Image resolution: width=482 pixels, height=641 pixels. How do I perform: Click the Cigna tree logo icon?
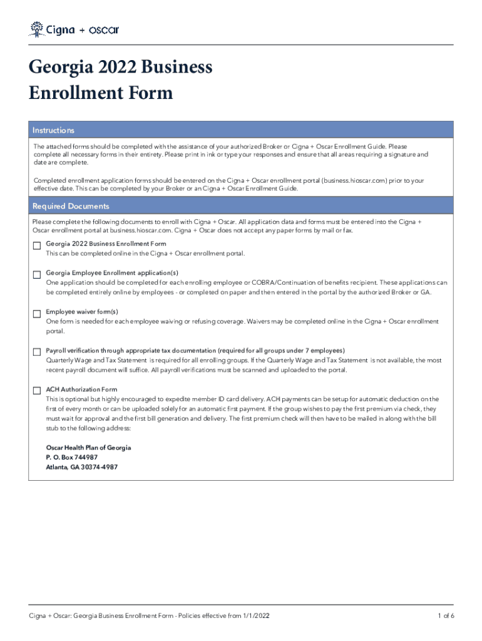[x=37, y=29]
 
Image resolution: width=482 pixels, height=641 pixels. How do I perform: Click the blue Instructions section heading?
[x=53, y=130]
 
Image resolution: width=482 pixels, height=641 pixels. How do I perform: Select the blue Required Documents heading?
[x=71, y=206]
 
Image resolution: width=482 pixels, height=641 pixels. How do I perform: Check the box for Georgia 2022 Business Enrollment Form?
[x=37, y=245]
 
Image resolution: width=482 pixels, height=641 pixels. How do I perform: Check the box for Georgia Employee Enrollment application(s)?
[x=37, y=274]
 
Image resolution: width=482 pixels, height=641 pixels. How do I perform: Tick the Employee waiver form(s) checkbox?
[x=37, y=313]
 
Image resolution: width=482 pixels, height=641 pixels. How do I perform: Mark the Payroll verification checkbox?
[x=37, y=352]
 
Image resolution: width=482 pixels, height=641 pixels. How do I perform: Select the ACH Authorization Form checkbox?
[x=37, y=391]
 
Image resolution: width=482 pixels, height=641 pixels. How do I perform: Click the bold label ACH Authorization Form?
[x=81, y=389]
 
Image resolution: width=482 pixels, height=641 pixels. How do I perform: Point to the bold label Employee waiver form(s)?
[x=82, y=312]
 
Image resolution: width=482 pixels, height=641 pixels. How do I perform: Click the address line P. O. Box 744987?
[x=72, y=458]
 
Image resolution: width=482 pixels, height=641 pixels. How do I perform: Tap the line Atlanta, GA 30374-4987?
[x=81, y=467]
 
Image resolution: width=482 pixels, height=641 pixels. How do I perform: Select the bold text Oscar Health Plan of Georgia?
[x=88, y=448]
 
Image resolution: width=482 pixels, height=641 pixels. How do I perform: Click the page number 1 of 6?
[x=446, y=616]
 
